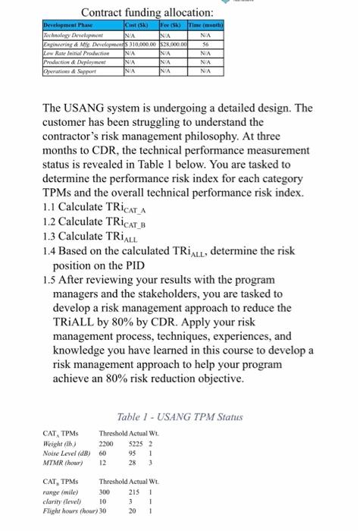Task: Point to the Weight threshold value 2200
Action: click(x=106, y=445)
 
